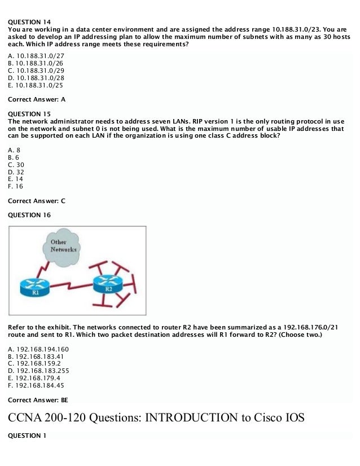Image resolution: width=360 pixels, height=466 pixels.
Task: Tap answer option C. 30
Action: (16, 165)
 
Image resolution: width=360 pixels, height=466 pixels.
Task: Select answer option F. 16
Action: (16, 187)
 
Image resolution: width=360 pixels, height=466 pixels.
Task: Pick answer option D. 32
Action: (16, 172)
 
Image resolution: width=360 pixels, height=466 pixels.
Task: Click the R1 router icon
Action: (36, 287)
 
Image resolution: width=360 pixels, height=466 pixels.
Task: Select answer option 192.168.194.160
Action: (39, 349)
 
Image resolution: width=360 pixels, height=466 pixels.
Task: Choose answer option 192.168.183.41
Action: (37, 357)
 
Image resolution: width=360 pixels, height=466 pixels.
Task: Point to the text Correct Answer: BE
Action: (38, 400)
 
